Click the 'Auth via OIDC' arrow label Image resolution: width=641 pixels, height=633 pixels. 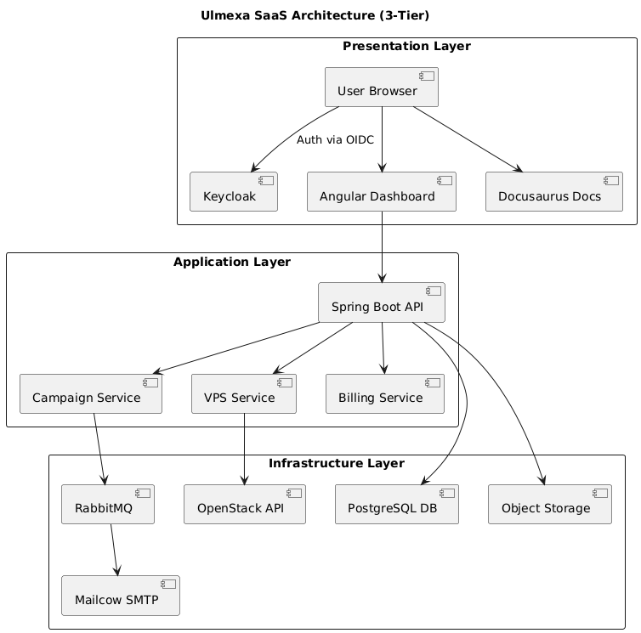(335, 139)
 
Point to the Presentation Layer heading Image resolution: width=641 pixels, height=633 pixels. (406, 46)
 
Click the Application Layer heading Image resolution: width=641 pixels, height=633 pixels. (232, 262)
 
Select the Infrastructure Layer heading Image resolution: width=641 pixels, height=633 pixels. (336, 463)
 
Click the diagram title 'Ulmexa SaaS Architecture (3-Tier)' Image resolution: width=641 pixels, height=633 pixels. (320, 15)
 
